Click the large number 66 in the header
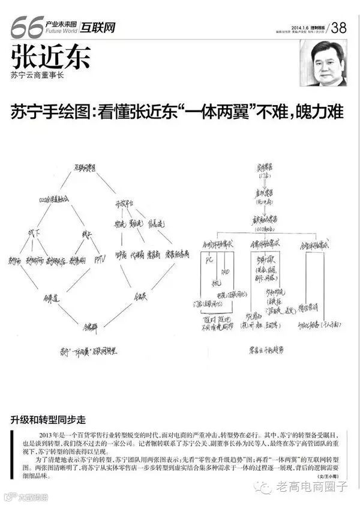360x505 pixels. coord(26,25)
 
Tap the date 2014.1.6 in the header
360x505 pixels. coord(287,26)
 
